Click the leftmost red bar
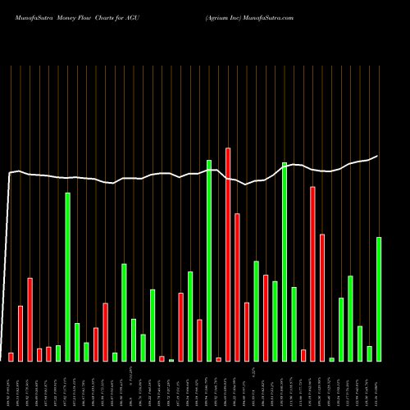point(11,357)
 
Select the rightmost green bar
point(379,299)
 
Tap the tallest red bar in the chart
point(228,254)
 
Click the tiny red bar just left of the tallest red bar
point(219,359)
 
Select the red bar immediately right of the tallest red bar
point(238,287)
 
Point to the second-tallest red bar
point(313,274)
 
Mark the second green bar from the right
point(370,353)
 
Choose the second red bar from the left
point(20,333)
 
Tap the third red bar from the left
point(30,320)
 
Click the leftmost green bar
point(58,353)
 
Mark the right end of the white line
point(378,156)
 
